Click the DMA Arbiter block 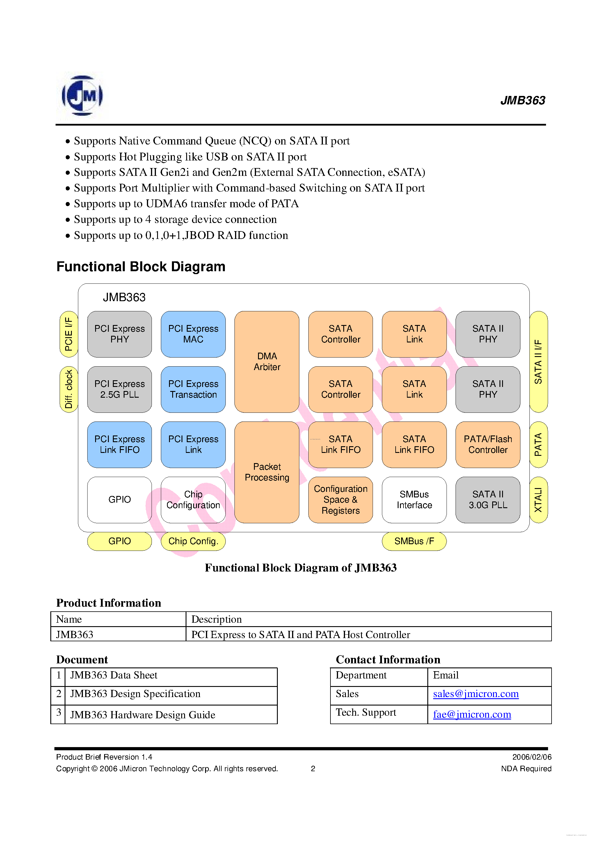267,361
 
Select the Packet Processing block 267,472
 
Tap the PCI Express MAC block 193,334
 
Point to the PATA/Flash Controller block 488,444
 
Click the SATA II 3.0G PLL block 488,499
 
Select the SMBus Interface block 414,499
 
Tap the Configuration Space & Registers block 341,499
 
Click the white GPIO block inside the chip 119,499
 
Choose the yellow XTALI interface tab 538,499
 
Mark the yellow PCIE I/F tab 69,334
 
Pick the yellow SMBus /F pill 414,541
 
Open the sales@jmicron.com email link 476,694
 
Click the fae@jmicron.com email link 472,714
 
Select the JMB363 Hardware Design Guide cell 143,715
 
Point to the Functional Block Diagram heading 141,267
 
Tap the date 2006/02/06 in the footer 532,757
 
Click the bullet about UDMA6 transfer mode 186,203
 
